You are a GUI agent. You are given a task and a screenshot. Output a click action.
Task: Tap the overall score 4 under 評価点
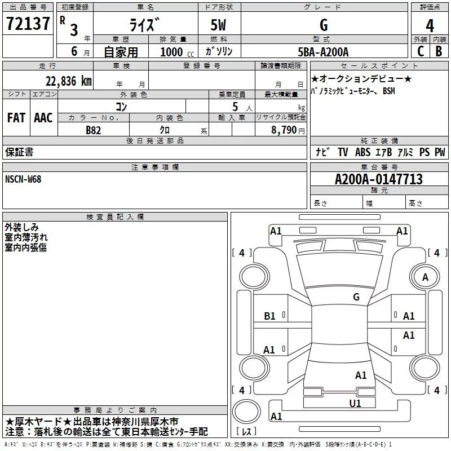[430, 25]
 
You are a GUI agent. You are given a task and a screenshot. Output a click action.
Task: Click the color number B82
[94, 129]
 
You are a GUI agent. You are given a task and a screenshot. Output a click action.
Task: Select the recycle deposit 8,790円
[288, 130]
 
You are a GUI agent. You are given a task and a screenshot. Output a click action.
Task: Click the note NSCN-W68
[23, 179]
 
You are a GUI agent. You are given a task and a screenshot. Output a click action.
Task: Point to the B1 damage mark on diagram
[270, 316]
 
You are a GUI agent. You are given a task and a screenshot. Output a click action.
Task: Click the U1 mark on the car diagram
[355, 403]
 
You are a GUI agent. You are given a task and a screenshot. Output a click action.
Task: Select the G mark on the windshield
[356, 297]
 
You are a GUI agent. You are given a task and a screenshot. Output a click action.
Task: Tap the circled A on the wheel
[426, 277]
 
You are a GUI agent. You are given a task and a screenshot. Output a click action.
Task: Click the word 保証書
[19, 152]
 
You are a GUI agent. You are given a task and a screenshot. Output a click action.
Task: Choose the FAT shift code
[16, 118]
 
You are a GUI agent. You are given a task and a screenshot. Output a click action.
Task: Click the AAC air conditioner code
[43, 118]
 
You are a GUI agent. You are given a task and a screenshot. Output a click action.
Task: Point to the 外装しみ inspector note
[21, 227]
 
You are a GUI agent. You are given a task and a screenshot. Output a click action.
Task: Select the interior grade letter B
[439, 52]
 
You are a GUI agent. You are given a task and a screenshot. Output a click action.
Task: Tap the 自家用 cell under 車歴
[121, 52]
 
